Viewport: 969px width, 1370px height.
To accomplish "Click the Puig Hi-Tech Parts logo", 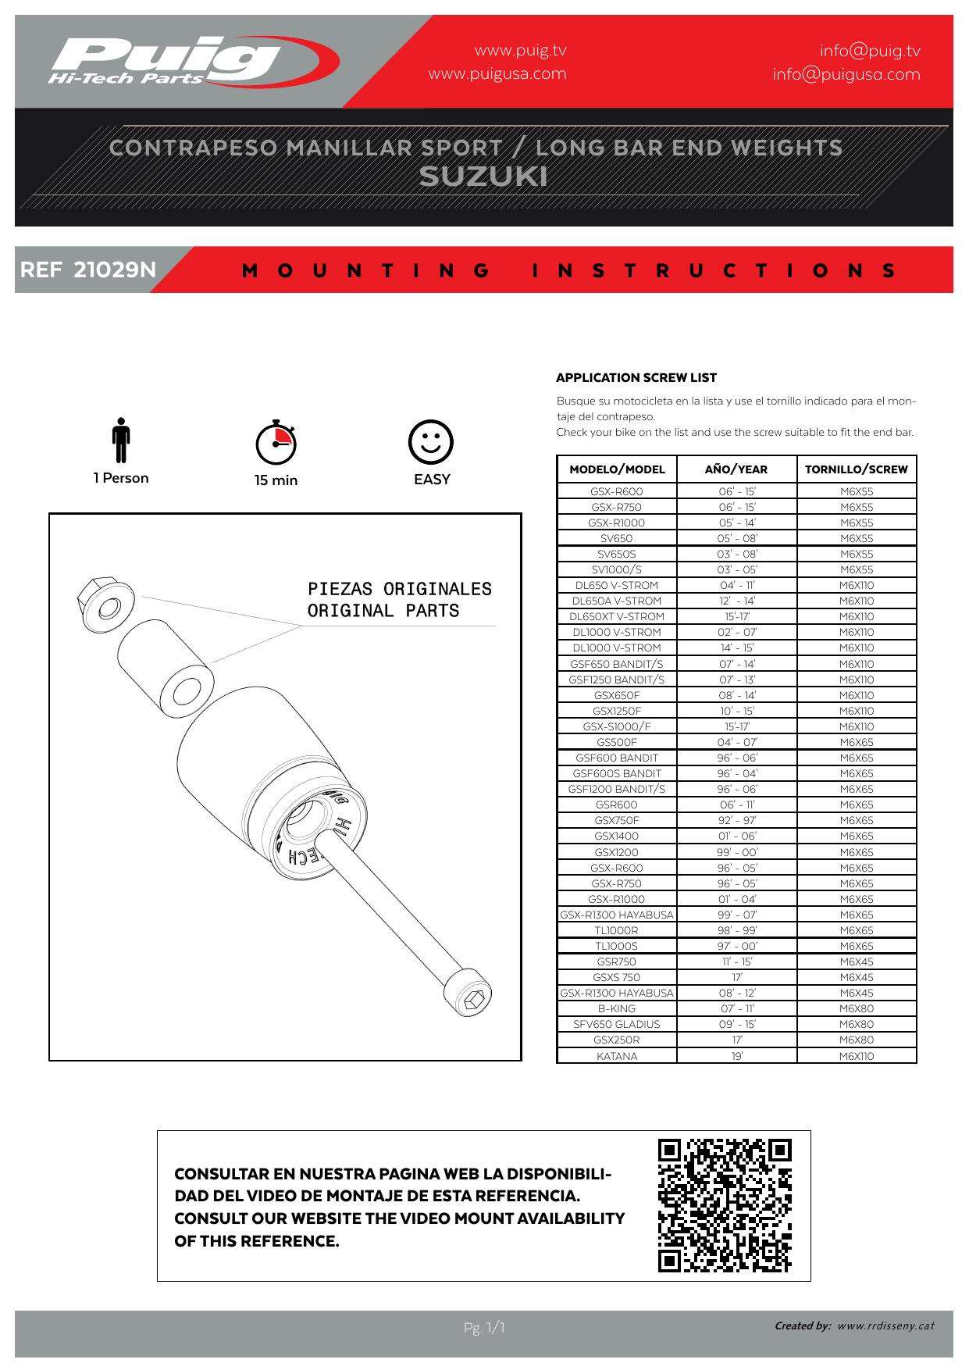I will [x=194, y=61].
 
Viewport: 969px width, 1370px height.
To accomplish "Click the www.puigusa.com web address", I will [x=497, y=74].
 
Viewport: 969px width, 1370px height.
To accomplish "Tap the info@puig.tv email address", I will [x=870, y=51].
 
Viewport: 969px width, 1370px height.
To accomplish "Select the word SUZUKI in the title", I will [x=483, y=177].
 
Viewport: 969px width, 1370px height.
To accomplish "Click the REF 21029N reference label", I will [x=88, y=270].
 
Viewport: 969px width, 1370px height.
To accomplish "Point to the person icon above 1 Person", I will [x=120, y=441].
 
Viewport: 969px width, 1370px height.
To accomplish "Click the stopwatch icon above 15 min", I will [x=276, y=443].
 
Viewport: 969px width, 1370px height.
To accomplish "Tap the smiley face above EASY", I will [x=431, y=442].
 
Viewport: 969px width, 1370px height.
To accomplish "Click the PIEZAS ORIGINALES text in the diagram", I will [x=400, y=589].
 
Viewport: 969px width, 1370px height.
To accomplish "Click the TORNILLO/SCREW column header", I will [x=857, y=469].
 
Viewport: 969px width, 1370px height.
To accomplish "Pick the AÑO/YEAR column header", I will [x=736, y=469].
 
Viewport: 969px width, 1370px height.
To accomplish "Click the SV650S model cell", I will [x=617, y=554].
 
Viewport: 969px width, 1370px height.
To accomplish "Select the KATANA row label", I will [x=617, y=1056].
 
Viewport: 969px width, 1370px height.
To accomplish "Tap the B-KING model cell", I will [x=617, y=1008].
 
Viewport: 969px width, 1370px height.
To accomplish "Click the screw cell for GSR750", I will [x=857, y=961].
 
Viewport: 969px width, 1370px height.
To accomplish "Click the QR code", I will [x=725, y=1206].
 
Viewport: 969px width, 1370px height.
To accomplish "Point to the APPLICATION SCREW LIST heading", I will [x=636, y=378].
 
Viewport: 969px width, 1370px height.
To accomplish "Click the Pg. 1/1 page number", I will [x=484, y=1328].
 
